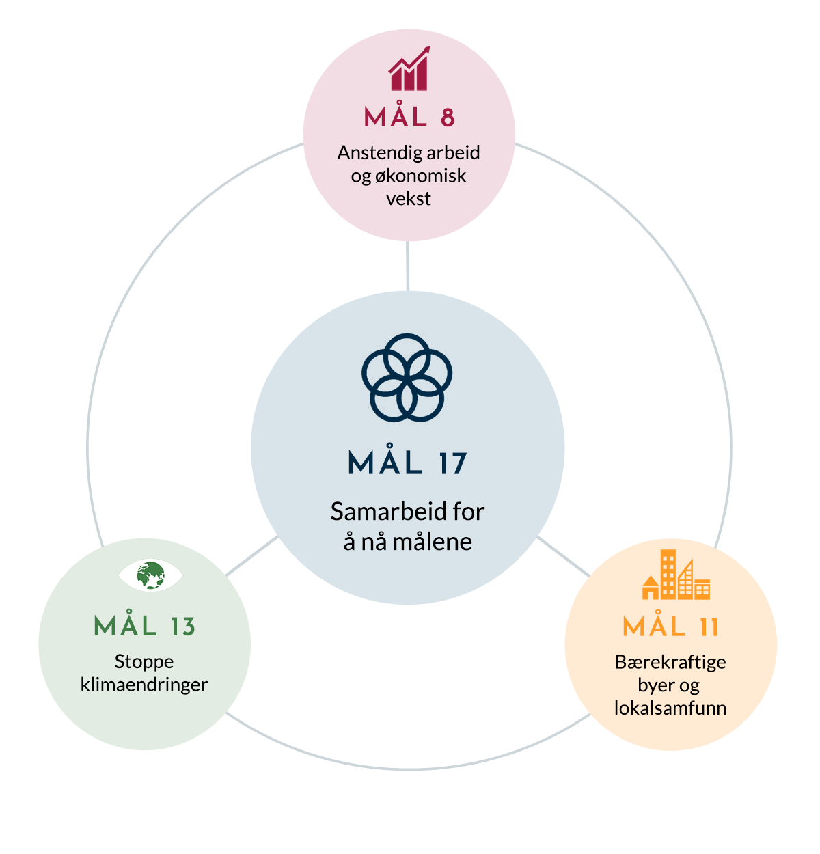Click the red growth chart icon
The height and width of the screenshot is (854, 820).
409,68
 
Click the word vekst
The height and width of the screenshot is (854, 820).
408,199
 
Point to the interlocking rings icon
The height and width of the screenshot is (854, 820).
407,378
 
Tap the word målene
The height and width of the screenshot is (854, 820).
433,542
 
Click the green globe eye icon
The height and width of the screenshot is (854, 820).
150,575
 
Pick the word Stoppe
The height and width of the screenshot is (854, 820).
144,662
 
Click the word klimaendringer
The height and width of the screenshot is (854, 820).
144,685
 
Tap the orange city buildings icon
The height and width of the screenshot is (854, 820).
676,575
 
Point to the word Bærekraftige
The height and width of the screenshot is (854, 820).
670,663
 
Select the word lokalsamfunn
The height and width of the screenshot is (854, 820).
670,708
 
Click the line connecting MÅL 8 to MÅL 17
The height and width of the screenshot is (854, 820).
408,266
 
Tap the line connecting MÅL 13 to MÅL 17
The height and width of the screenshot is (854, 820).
252,555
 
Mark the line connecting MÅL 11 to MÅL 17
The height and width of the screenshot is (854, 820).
564,556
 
